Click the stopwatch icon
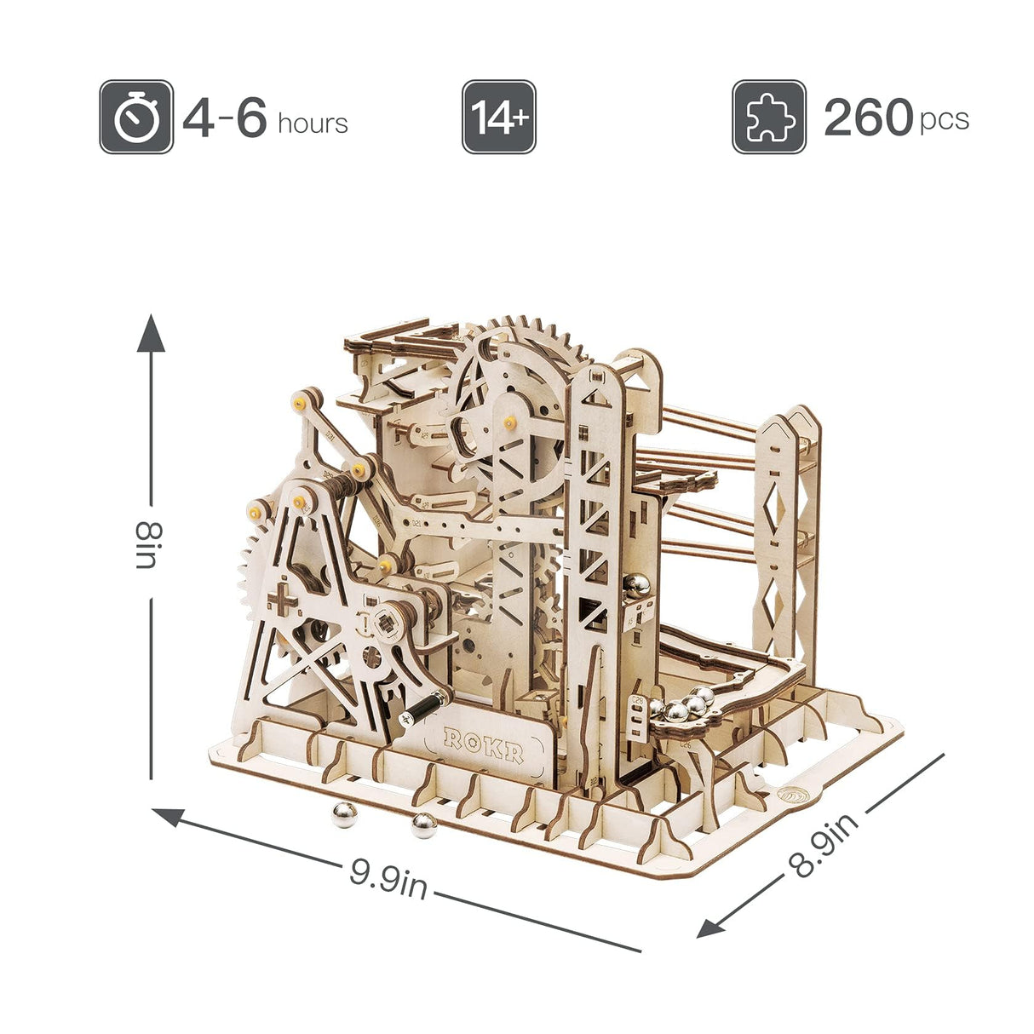(136, 117)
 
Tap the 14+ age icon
(498, 117)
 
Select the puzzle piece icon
(768, 117)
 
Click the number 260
(868, 118)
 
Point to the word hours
(313, 124)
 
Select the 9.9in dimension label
(388, 877)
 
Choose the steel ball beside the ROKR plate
(423, 824)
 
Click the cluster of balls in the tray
(687, 704)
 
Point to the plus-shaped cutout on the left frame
(284, 602)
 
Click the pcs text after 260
(944, 120)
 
